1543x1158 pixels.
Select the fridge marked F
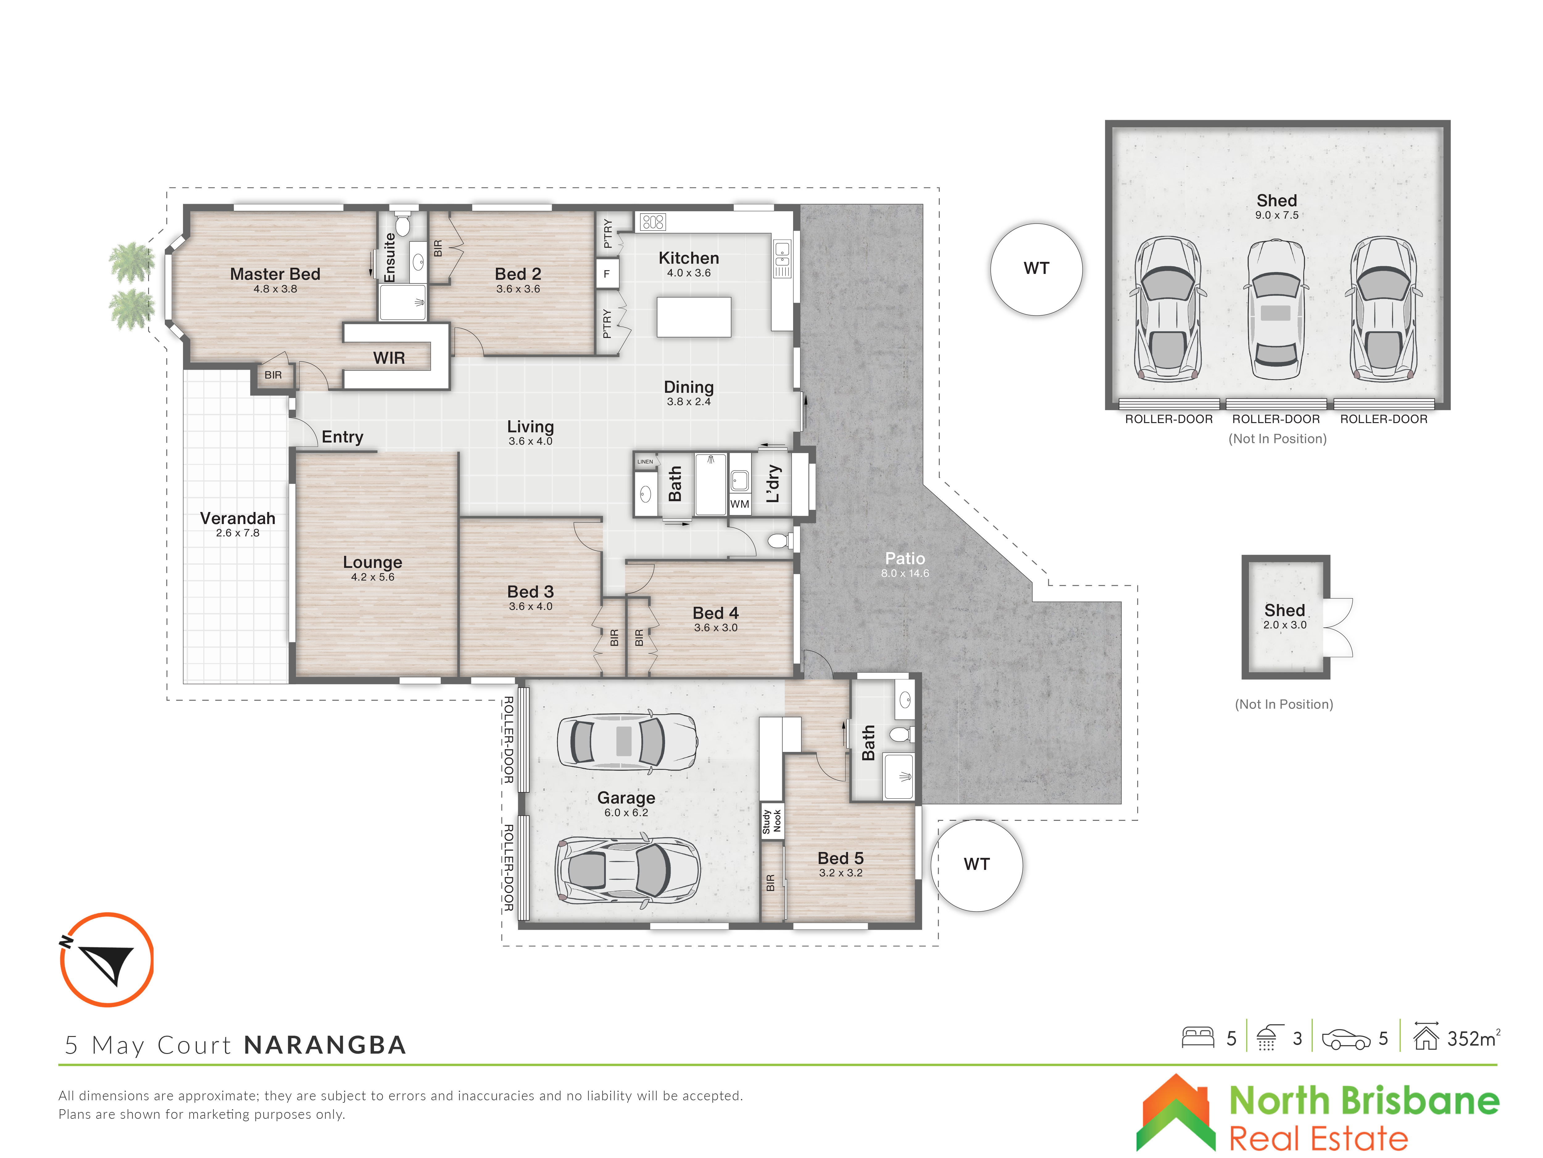[x=606, y=274]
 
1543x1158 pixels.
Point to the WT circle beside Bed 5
[x=977, y=865]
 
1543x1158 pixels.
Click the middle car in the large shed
[x=1276, y=309]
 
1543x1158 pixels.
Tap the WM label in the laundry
[x=739, y=504]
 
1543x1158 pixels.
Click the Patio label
[x=905, y=558]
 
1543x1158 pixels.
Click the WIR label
[x=389, y=358]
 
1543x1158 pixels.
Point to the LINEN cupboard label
[x=645, y=461]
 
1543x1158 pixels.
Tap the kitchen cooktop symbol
[x=653, y=222]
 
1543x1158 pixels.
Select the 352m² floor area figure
[x=1473, y=1038]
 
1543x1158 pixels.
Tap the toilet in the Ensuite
[x=402, y=223]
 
